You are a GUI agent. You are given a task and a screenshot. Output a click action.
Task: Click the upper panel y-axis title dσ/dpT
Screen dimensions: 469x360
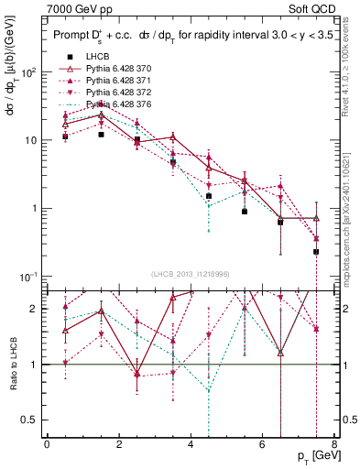pos(12,101)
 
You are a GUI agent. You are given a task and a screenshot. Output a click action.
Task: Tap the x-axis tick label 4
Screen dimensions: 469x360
pos(191,444)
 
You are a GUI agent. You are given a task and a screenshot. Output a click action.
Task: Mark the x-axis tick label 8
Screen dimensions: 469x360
pos(334,444)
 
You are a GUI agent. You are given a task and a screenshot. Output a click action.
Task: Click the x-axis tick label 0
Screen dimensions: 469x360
pos(47,444)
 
